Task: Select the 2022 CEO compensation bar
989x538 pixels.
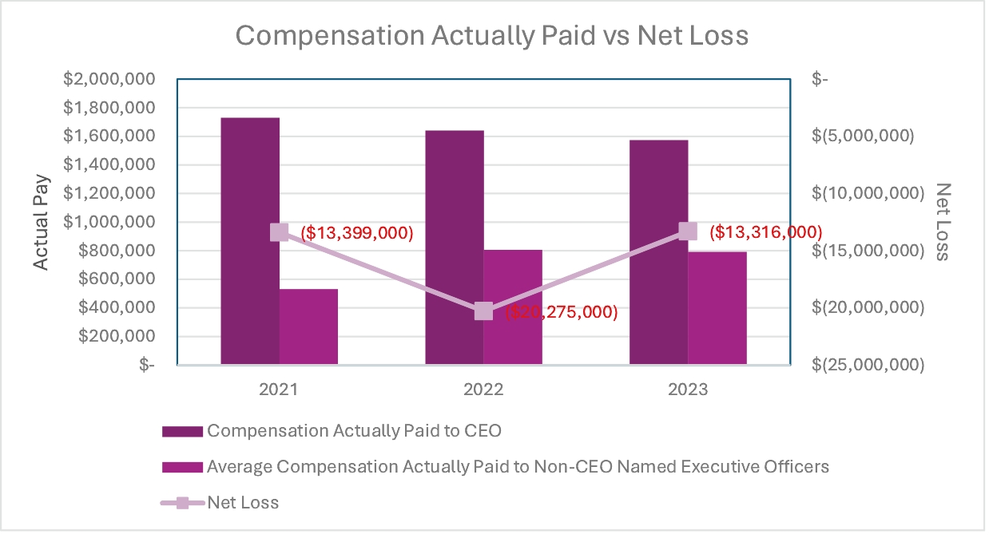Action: coord(454,247)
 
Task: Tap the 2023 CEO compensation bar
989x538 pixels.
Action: coord(658,252)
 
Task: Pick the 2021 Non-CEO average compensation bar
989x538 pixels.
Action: coord(308,326)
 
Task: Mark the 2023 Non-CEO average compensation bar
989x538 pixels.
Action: coord(717,308)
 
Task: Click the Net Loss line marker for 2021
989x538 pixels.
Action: coord(279,232)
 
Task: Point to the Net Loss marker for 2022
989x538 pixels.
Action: coord(483,311)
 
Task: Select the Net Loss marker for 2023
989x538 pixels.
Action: coord(688,231)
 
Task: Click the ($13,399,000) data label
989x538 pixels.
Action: coord(356,233)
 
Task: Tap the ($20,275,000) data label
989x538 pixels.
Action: coord(561,312)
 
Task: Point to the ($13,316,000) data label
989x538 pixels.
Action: coord(765,232)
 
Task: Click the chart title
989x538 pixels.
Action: coord(492,37)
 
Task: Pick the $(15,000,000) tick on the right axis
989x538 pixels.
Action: coord(863,251)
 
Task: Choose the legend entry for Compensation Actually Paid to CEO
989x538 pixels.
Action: coord(353,431)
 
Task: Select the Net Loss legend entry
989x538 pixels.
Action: coord(243,503)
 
